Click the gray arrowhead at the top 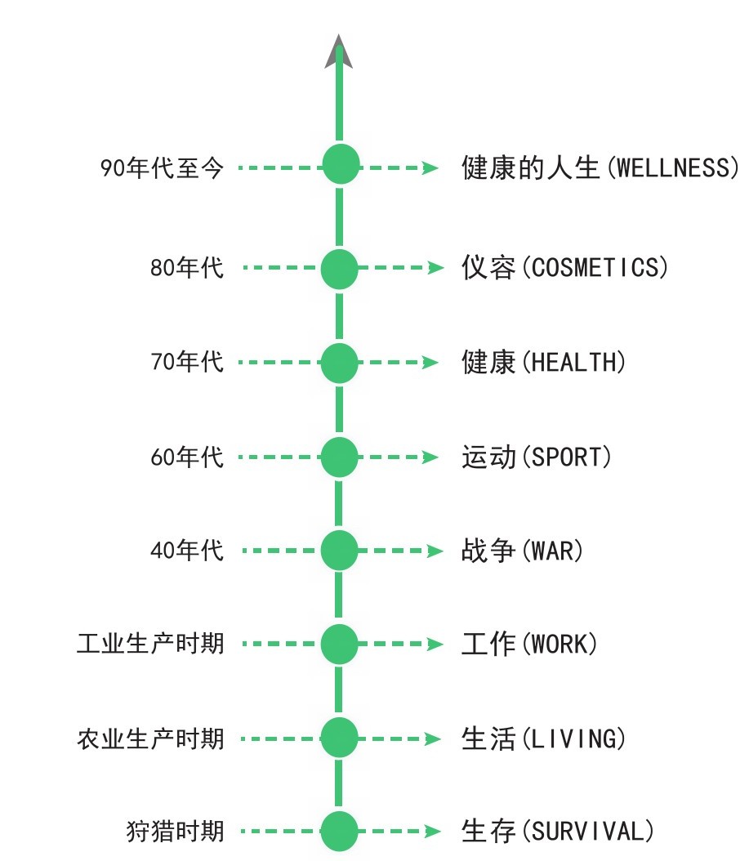[x=340, y=52]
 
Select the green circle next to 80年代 [x=340, y=269]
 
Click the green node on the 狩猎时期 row [x=340, y=832]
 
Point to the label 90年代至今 [x=162, y=169]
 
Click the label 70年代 [x=186, y=362]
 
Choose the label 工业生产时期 [x=150, y=645]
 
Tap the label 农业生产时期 [x=150, y=739]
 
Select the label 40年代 [x=186, y=551]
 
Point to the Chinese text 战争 [x=488, y=551]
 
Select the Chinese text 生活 [x=488, y=739]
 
